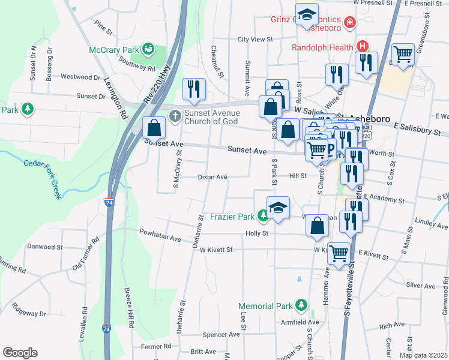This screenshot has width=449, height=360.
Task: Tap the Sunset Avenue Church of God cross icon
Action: coord(175,115)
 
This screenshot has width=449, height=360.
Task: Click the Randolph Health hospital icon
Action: coord(362,46)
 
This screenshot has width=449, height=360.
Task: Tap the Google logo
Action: coord(20,353)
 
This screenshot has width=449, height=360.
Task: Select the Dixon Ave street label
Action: coord(212,177)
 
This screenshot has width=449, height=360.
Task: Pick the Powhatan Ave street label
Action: coord(160,238)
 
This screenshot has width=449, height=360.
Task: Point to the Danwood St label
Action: coord(45,247)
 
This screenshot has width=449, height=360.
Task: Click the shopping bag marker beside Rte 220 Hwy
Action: coord(154,127)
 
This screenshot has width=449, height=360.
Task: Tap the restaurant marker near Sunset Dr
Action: coord(194,89)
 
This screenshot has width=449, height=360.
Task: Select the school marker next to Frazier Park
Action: coord(278,208)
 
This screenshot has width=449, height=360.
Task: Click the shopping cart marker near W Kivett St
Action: coord(339,253)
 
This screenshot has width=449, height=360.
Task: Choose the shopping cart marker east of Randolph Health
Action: coord(403,54)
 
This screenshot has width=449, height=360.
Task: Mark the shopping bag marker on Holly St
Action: coord(317,226)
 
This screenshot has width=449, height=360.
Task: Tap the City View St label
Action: coord(255,39)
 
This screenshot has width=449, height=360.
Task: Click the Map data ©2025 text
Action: coord(423,355)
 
